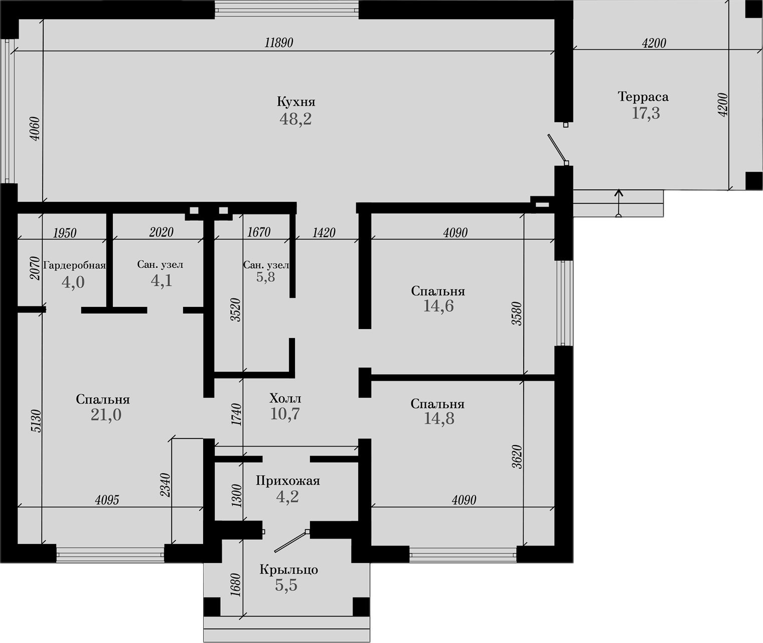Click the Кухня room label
pyautogui.click(x=296, y=102)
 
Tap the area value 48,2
pyautogui.click(x=295, y=119)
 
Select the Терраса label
pyautogui.click(x=643, y=96)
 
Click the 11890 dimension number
pyautogui.click(x=279, y=43)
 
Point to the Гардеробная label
pyautogui.click(x=75, y=265)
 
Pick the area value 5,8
pyautogui.click(x=266, y=277)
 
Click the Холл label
pyautogui.click(x=285, y=398)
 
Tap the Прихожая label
pyautogui.click(x=288, y=481)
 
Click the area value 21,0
pyautogui.click(x=106, y=415)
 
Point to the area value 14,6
pyautogui.click(x=438, y=306)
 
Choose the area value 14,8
pyautogui.click(x=439, y=418)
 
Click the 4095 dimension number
pyautogui.click(x=107, y=500)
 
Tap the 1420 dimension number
pyautogui.click(x=324, y=233)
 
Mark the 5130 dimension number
pyautogui.click(x=36, y=421)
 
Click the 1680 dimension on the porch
pyautogui.click(x=236, y=585)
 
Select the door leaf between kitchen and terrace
pyautogui.click(x=557, y=149)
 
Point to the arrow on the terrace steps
pyautogui.click(x=619, y=203)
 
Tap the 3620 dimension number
pyautogui.click(x=517, y=457)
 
